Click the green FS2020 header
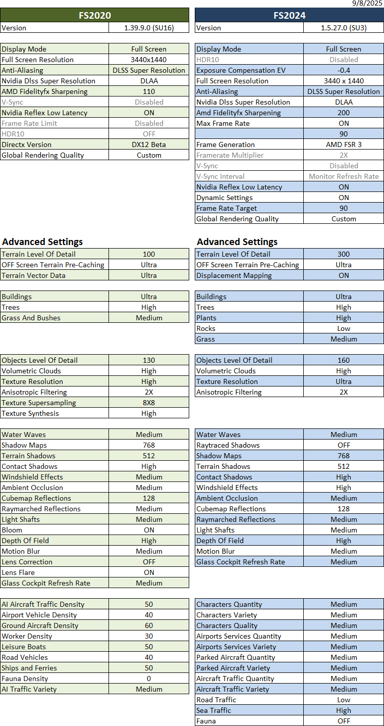[95, 15]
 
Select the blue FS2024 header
[289, 15]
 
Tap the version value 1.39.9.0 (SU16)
[149, 28]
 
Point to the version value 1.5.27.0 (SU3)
[344, 28]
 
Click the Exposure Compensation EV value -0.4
[344, 70]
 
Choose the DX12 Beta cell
[149, 144]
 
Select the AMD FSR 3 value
[344, 144]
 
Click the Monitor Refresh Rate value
[344, 176]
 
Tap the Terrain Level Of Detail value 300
[344, 254]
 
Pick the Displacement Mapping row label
[234, 275]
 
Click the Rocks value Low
[344, 328]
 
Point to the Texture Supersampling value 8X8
[149, 403]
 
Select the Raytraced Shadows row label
[228, 445]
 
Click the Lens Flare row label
[18, 572]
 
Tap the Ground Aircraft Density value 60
[149, 625]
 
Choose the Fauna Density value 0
[149, 679]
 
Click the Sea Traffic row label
[213, 710]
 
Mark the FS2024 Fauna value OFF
[344, 721]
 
